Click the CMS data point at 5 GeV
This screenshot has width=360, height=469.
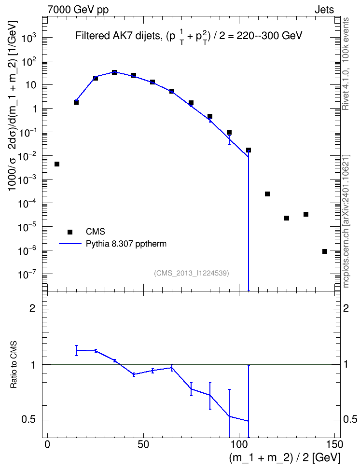pyautogui.click(x=57, y=164)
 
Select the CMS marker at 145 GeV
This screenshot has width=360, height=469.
pyautogui.click(x=325, y=251)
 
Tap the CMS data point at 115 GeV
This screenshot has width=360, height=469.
pyautogui.click(x=267, y=194)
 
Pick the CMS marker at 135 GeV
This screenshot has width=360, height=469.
pyautogui.click(x=306, y=214)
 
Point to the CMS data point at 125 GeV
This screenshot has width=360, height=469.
pyautogui.click(x=287, y=218)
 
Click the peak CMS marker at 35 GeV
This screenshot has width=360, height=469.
pyautogui.click(x=114, y=72)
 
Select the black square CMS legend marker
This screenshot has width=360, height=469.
pyautogui.click(x=70, y=232)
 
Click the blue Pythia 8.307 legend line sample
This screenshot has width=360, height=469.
pyautogui.click(x=70, y=244)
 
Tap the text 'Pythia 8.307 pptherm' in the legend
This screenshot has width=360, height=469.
pyautogui.click(x=126, y=244)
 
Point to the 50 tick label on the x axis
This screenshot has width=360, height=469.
pyautogui.click(x=143, y=444)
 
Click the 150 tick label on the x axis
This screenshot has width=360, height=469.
pyautogui.click(x=334, y=444)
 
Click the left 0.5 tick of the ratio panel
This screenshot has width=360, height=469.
pyautogui.click(x=29, y=420)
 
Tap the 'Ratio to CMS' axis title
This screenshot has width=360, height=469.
pyautogui.click(x=14, y=365)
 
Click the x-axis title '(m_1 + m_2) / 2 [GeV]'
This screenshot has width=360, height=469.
pyautogui.click(x=285, y=458)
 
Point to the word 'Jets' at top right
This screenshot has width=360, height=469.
pyautogui.click(x=324, y=10)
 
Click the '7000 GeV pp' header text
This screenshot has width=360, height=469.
pyautogui.click(x=78, y=10)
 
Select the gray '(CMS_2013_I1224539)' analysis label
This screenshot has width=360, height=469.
pyautogui.click(x=192, y=273)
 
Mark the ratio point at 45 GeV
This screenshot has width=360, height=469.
pyautogui.click(x=134, y=374)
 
